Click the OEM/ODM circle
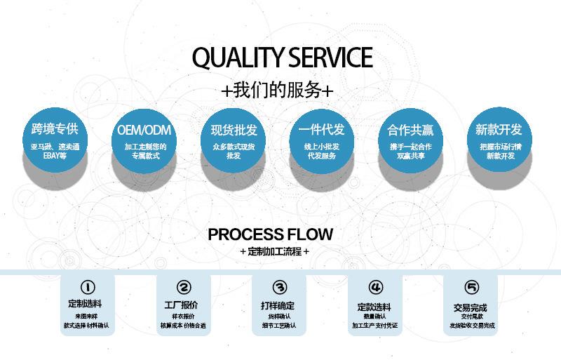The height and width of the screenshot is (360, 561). point(144,140)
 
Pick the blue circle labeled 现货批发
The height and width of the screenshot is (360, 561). point(234,140)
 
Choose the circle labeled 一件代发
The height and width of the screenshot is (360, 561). point(322,140)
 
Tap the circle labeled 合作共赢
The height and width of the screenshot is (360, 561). point(410,140)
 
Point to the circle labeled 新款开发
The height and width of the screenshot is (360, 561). point(499,140)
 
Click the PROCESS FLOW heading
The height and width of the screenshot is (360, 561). point(270,234)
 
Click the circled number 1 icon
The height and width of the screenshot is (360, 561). point(88,287)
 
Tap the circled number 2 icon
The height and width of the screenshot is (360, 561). point(184,287)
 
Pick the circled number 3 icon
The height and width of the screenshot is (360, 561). point(280,287)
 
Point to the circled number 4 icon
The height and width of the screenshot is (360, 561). point(376,287)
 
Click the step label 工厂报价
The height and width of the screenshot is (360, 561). point(181,305)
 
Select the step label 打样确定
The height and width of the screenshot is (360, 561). point(278,305)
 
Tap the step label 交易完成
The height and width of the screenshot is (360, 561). point(470,307)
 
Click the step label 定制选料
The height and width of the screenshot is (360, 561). point(85,304)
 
